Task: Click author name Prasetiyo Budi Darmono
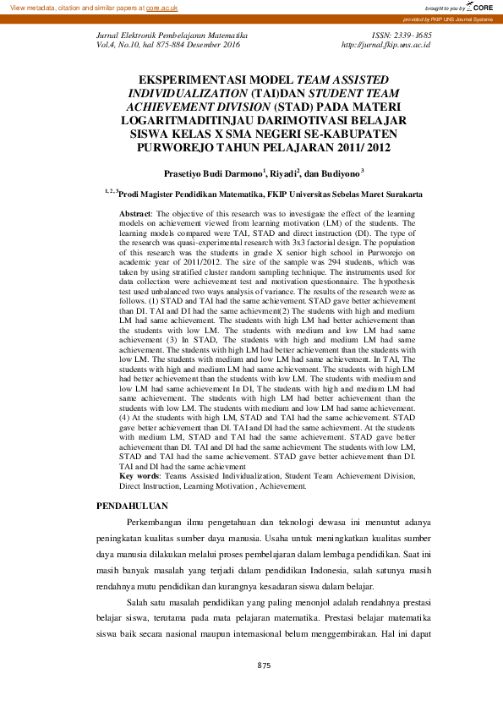tap(213, 173)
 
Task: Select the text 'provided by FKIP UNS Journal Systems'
tap(448, 18)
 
